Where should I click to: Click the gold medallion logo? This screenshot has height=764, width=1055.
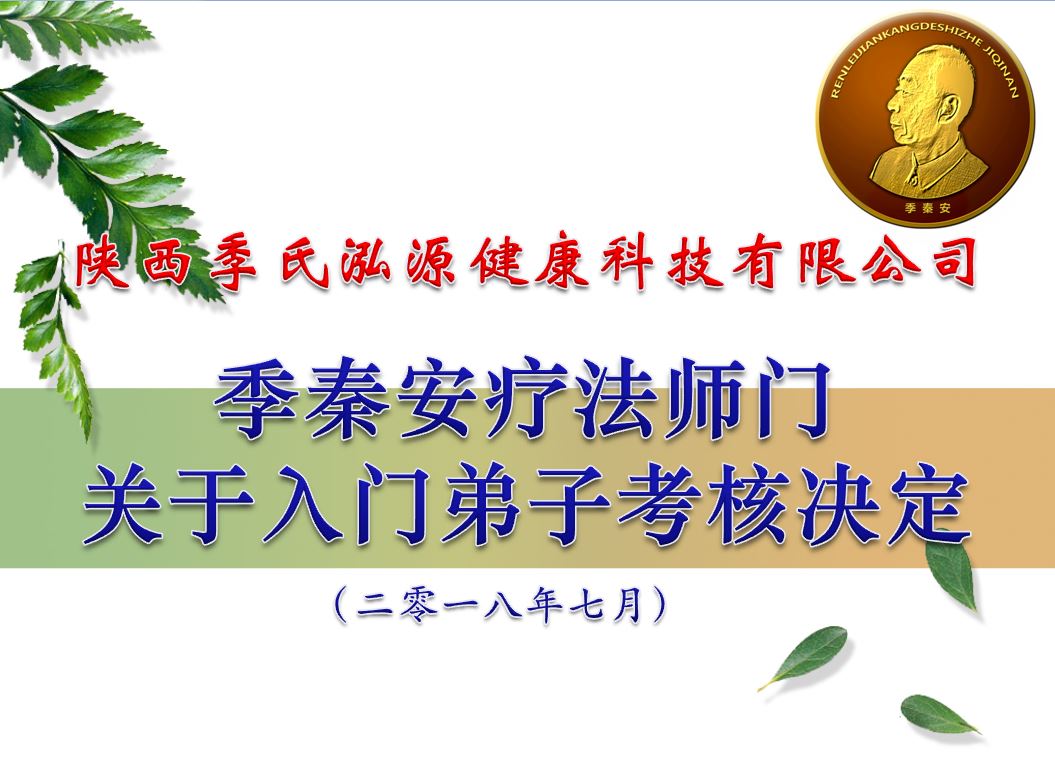point(925,118)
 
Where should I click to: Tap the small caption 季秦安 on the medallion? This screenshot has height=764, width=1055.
point(929,208)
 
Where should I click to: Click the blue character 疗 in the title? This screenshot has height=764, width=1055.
point(525,399)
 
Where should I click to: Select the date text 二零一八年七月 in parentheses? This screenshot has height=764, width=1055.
point(501,604)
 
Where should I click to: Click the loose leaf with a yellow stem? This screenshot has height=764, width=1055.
point(803,658)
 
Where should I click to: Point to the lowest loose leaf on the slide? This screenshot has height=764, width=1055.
point(939,715)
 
